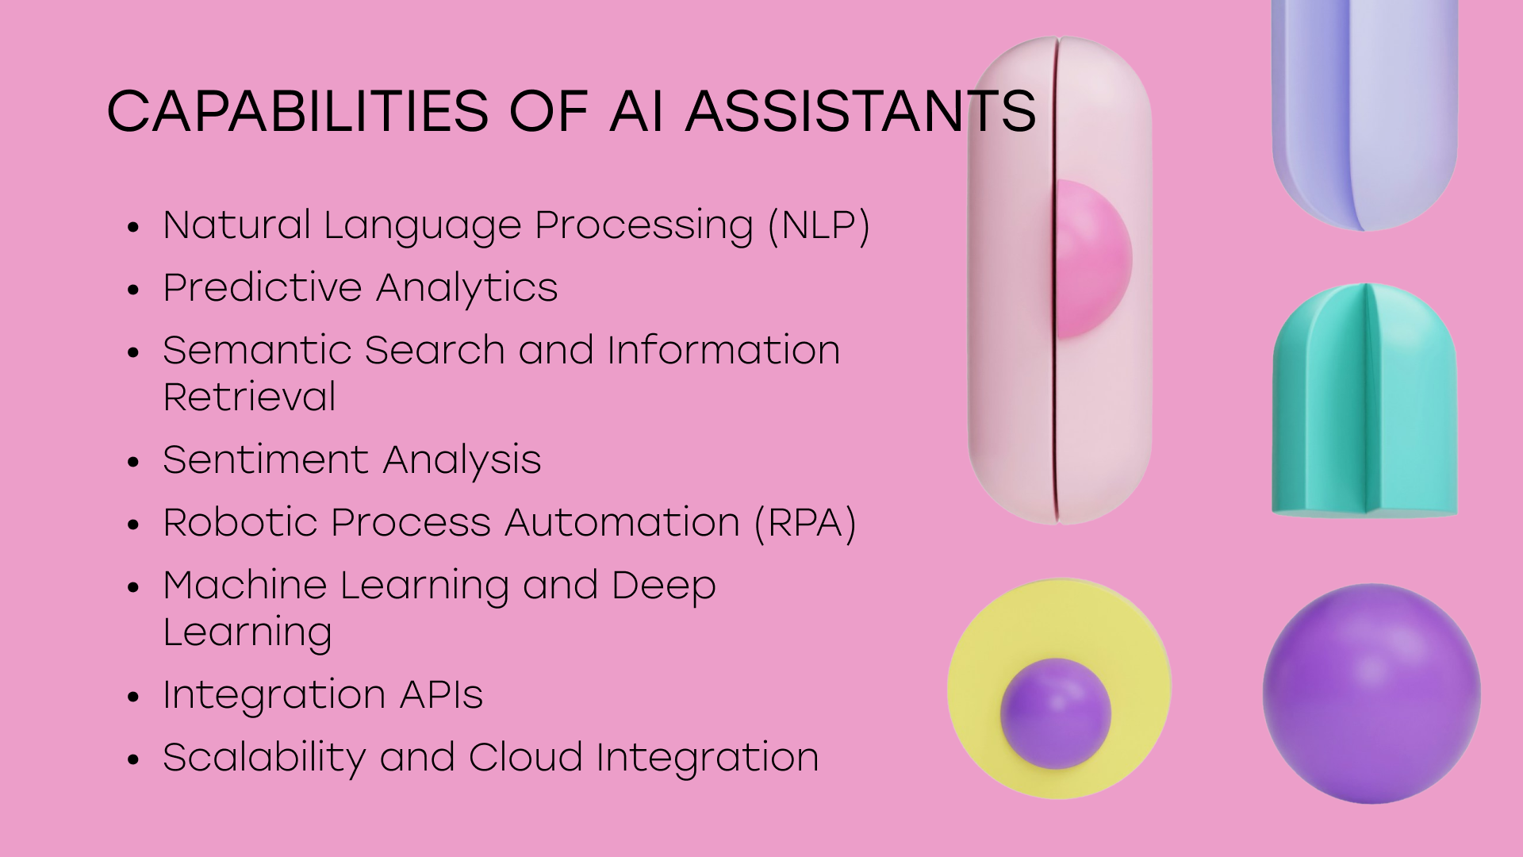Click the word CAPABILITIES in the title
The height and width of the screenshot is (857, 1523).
click(x=297, y=110)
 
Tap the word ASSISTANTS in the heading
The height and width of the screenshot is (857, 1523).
click(x=861, y=110)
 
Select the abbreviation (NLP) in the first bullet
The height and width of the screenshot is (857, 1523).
click(x=819, y=225)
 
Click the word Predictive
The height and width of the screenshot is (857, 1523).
click(x=263, y=287)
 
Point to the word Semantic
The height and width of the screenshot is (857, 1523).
click(x=255, y=350)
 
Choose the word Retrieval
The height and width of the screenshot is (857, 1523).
click(x=249, y=397)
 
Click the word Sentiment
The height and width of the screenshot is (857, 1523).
click(x=267, y=459)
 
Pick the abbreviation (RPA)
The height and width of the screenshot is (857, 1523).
click(x=805, y=523)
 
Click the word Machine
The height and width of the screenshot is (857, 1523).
click(x=245, y=585)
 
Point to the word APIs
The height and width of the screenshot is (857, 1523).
click(x=441, y=694)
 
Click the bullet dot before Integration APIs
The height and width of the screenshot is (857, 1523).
click(x=133, y=697)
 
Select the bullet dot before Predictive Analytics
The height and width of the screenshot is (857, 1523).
click(x=133, y=290)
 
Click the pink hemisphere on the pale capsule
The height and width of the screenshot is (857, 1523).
click(x=1093, y=259)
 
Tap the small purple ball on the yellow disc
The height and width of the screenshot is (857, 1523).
click(x=1056, y=713)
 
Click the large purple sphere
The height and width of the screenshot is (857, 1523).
click(x=1371, y=694)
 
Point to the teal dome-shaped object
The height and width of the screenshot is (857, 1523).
click(x=1365, y=401)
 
